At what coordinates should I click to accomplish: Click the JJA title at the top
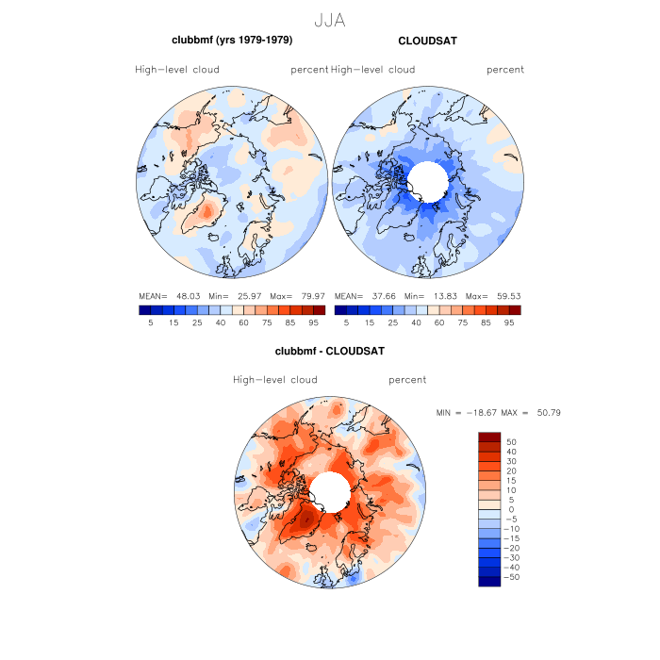point(329,20)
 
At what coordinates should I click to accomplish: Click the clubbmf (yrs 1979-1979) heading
point(231,41)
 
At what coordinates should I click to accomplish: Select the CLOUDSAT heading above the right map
point(427,41)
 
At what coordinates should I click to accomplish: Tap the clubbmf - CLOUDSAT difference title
point(329,351)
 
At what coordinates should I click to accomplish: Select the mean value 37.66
point(389,295)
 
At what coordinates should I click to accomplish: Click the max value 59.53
point(505,295)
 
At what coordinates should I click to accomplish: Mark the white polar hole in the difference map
point(328,491)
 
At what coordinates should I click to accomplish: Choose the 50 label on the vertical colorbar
point(511,441)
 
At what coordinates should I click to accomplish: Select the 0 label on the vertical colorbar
point(509,509)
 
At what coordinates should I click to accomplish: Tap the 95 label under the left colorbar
point(313,322)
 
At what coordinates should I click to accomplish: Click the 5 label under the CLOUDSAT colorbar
point(346,322)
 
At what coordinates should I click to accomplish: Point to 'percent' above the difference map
point(407,380)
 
